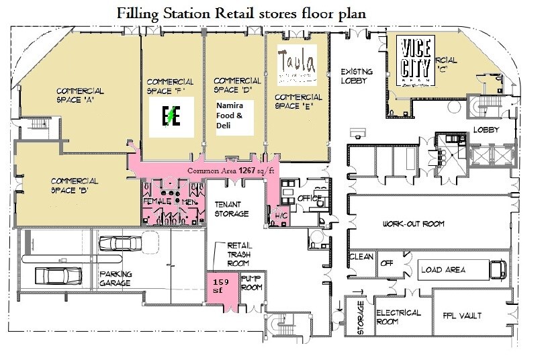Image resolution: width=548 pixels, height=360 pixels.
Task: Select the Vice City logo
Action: [415, 58]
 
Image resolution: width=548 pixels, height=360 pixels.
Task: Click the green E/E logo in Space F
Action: [171, 117]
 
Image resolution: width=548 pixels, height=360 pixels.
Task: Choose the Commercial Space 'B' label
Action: [75, 185]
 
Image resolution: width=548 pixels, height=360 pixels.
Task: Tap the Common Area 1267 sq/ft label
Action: [231, 171]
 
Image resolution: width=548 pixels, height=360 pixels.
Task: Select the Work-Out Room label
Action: [414, 224]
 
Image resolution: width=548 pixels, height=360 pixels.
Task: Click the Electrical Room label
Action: [398, 317]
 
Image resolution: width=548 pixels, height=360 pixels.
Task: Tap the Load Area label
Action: [443, 270]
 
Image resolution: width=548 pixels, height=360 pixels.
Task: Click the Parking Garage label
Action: [116, 279]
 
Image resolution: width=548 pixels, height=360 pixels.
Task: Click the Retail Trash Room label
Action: [239, 254]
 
